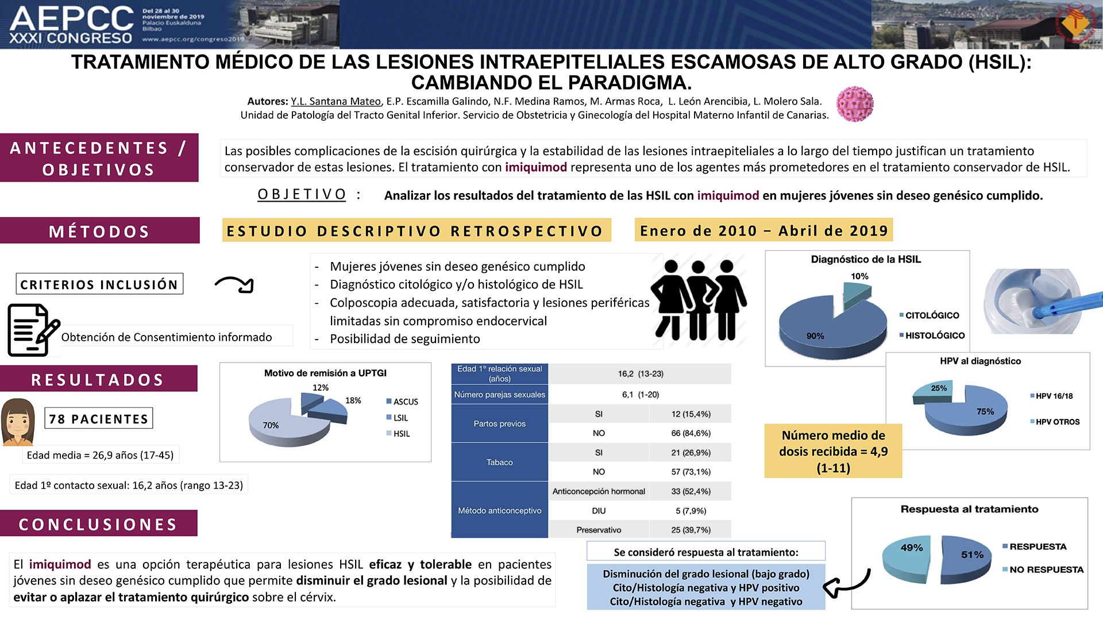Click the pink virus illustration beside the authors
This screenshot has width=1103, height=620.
[x=855, y=104]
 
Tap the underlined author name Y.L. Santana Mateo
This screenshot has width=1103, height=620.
[x=336, y=102]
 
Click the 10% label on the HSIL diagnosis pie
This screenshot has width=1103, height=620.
[x=859, y=276]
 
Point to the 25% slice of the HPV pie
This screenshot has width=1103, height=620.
[x=934, y=391]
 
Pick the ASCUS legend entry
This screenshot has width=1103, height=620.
[x=402, y=402]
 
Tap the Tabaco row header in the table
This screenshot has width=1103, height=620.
[x=500, y=462]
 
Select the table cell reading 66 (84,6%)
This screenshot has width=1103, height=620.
[x=691, y=433]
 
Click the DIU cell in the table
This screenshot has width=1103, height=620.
[x=599, y=511]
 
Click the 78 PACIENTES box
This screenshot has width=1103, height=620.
[x=99, y=418]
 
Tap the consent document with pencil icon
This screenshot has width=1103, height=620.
[x=33, y=330]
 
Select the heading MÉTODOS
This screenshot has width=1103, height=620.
[x=99, y=231]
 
